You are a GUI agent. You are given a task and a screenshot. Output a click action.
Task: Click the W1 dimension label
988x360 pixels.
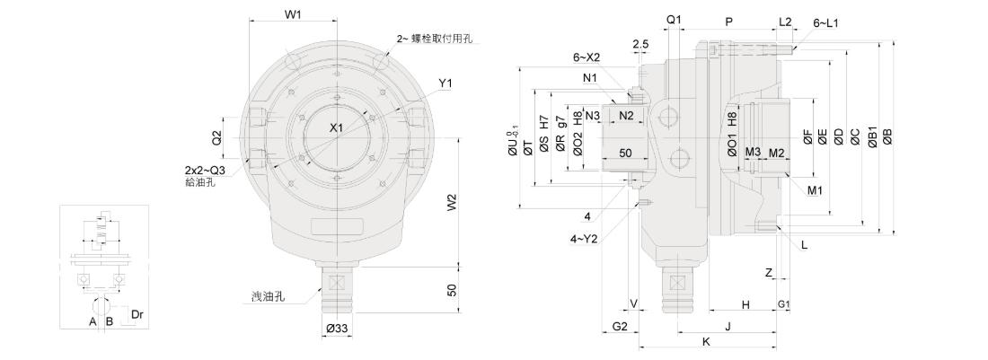point(292,14)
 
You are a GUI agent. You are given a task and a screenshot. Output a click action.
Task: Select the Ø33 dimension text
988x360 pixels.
point(337,329)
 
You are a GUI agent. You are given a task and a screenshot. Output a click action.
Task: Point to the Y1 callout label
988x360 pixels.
point(445,83)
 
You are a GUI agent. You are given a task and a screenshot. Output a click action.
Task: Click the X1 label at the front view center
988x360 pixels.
point(336,128)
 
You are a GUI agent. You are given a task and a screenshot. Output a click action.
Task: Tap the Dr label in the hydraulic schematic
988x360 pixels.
point(137,314)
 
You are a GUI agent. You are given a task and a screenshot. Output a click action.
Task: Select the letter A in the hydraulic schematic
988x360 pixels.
point(93,320)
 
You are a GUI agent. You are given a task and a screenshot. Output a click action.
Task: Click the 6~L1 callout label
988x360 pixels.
point(825,22)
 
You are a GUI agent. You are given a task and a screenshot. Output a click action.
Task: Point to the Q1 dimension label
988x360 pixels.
point(675,19)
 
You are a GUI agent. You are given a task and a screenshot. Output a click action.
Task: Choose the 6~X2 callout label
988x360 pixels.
point(587,57)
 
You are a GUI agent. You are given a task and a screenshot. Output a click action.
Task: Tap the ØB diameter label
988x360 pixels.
point(887,136)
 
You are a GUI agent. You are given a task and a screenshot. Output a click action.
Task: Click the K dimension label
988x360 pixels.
point(706,342)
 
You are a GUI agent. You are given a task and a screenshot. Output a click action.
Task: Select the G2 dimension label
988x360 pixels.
point(620,324)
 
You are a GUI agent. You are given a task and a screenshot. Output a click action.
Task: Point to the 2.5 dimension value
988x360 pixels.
point(640,43)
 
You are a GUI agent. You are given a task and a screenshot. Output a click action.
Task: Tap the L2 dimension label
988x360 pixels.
point(785,21)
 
